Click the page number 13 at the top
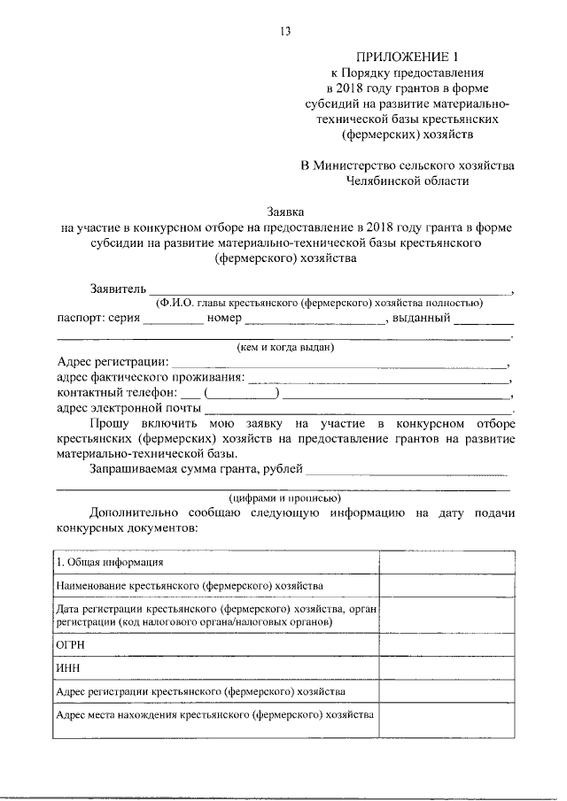click(284, 32)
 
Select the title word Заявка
click(285, 212)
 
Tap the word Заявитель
click(116, 289)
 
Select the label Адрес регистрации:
click(112, 363)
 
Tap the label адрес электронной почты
click(128, 409)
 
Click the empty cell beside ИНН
click(447, 668)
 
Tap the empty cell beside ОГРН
click(447, 645)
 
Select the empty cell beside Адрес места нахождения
click(447, 720)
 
